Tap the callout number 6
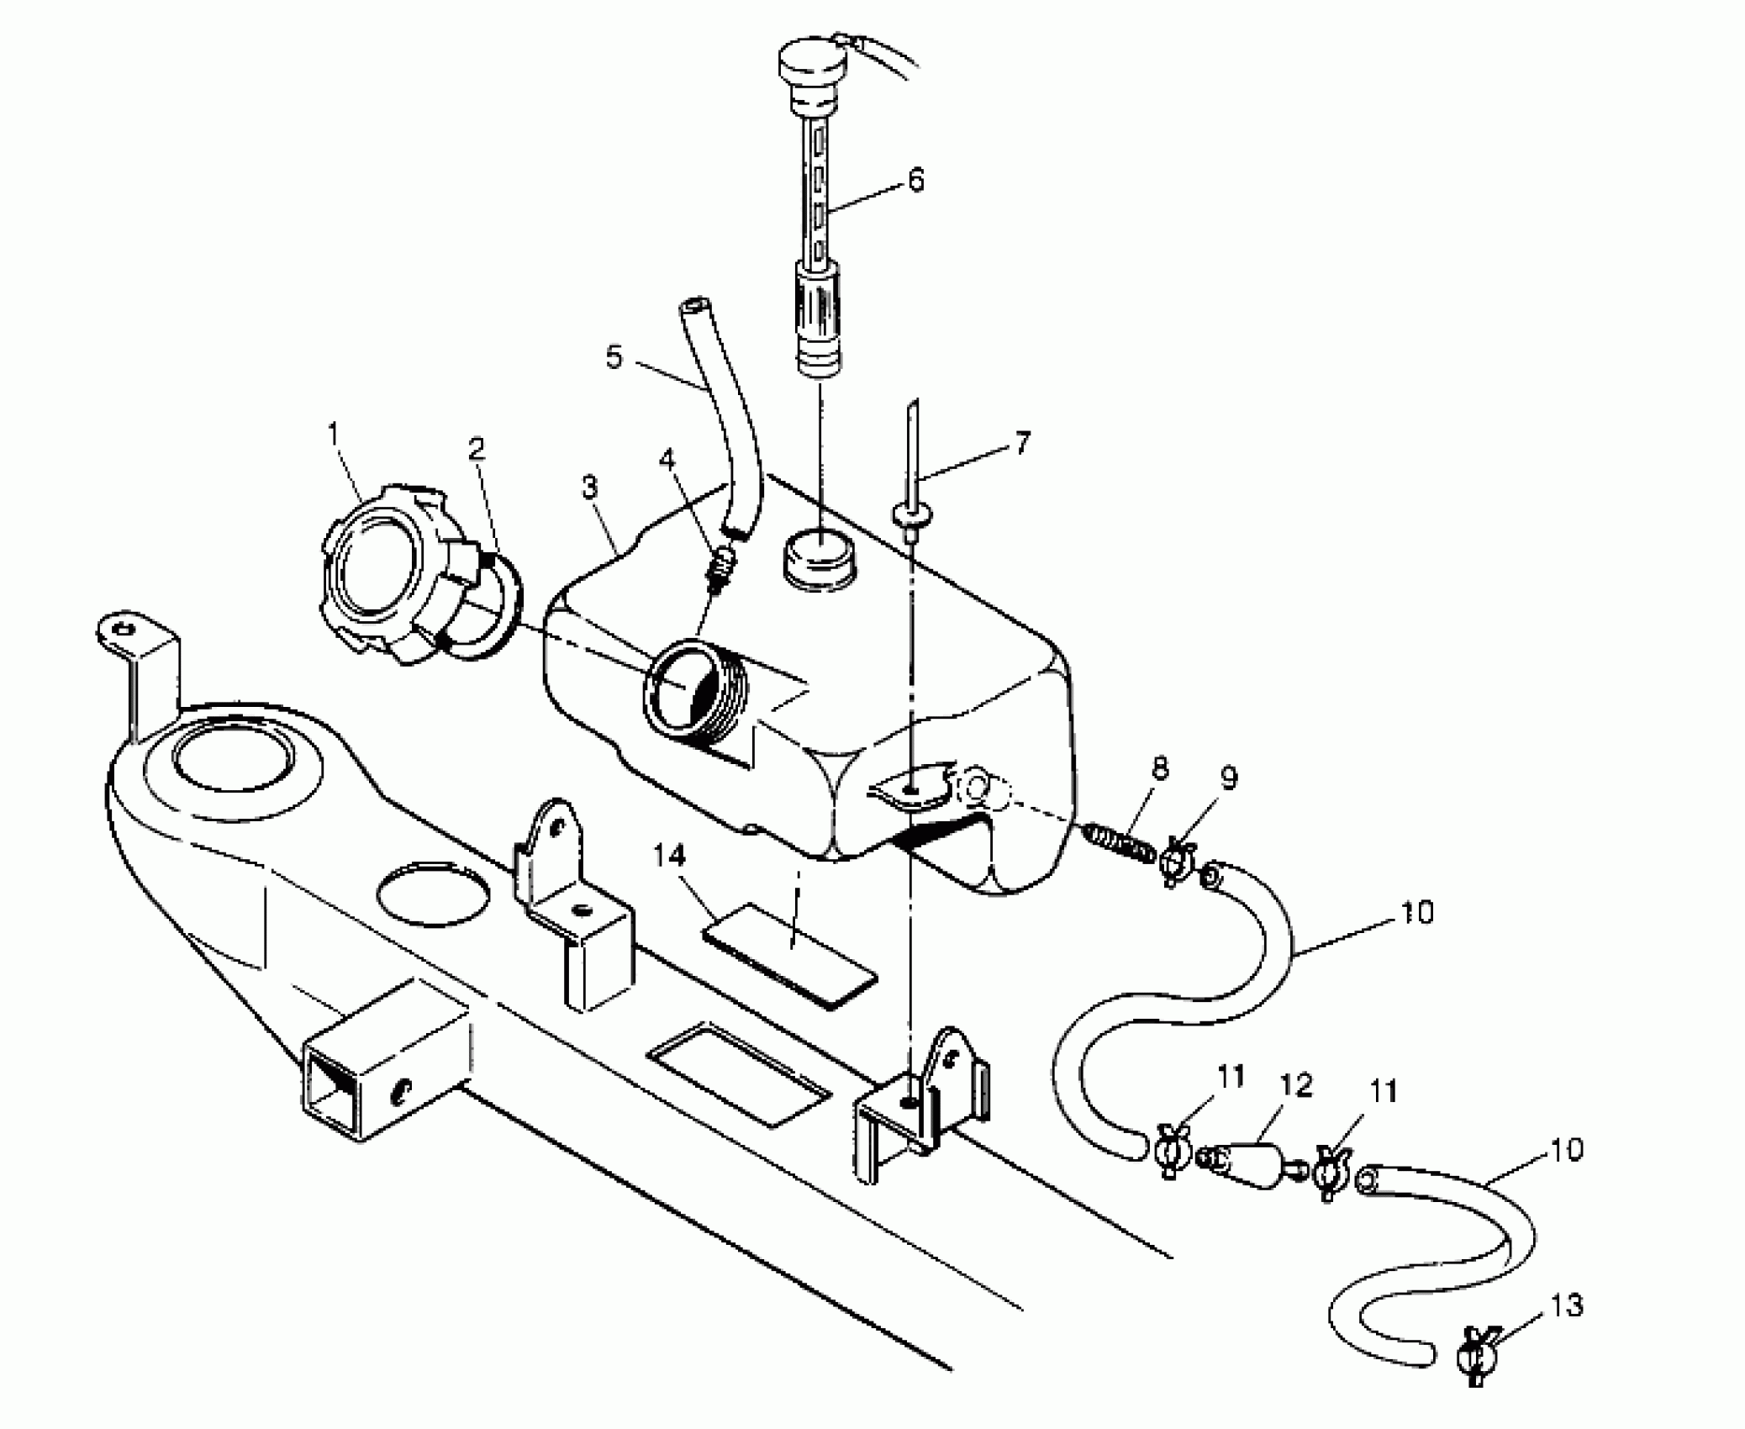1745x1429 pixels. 915,181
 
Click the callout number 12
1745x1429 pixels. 1296,1085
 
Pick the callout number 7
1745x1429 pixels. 1021,443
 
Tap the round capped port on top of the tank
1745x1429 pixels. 820,556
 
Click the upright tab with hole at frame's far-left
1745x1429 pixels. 128,628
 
